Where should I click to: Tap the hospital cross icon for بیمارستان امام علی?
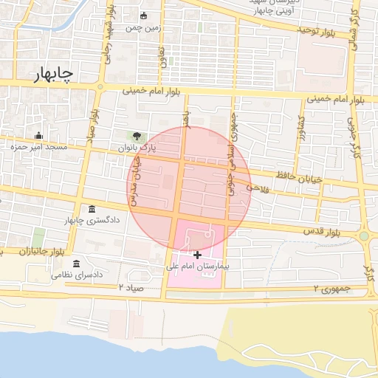coord(197,255)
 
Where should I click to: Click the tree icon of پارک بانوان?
coord(136,135)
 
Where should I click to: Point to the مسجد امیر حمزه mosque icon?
coord(38,135)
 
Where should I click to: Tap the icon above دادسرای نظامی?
coord(77,264)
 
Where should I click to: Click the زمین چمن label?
coord(142,27)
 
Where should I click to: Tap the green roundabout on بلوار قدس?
coord(363,236)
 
